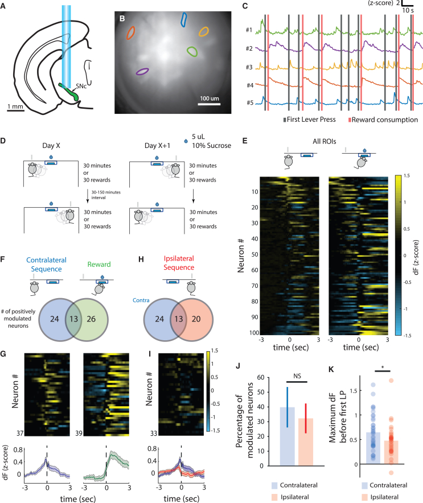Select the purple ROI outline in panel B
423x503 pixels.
(142, 71)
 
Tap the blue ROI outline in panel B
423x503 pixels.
(183, 19)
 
